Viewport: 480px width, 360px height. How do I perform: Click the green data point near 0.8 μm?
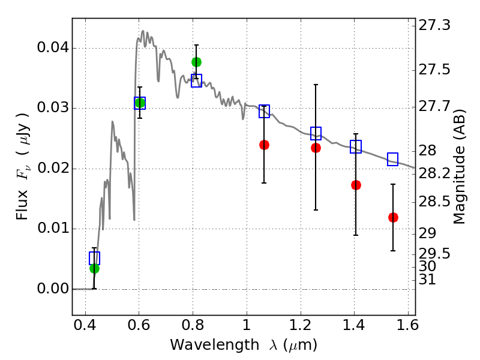click(196, 62)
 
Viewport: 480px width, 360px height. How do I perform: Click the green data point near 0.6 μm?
click(140, 103)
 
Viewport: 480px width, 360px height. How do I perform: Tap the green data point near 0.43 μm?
click(94, 268)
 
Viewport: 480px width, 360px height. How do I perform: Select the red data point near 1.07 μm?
click(264, 145)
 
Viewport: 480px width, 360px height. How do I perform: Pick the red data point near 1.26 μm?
click(316, 148)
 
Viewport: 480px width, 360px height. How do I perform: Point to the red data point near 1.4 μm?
click(356, 185)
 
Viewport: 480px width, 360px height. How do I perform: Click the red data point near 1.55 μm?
click(393, 217)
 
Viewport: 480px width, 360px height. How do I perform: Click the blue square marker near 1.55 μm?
click(393, 159)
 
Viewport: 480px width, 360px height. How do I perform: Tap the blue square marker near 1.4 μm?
click(356, 146)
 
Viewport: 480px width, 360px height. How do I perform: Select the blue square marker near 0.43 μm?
click(94, 258)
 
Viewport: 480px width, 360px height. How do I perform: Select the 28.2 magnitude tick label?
click(435, 173)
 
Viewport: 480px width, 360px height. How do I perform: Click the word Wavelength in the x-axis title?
click(204, 345)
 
